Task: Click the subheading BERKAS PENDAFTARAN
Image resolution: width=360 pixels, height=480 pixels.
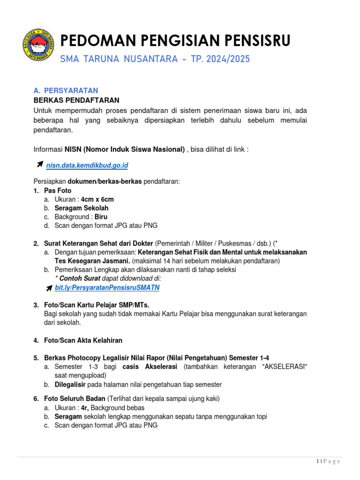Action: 76,100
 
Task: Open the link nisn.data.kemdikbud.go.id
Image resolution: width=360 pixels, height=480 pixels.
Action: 87,165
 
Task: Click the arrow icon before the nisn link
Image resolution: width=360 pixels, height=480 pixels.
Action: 40,165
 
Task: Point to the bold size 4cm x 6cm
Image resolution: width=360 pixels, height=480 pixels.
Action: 97,199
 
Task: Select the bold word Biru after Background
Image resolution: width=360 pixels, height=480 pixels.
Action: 101,217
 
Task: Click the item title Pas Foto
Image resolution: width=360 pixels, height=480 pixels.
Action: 58,191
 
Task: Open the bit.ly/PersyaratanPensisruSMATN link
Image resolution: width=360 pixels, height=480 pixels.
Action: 107,287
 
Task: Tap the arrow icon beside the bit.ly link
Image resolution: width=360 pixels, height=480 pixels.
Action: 49,288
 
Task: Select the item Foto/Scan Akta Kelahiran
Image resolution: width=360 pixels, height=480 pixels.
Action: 83,340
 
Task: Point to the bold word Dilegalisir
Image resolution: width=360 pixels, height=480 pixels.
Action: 73,384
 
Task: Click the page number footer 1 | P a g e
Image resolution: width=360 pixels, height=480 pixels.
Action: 328,462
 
